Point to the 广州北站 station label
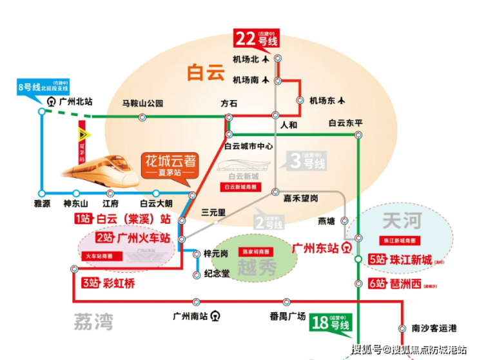pyautogui.click(x=75, y=101)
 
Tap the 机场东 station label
pyautogui.click(x=323, y=100)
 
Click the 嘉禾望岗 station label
pyautogui.click(x=300, y=198)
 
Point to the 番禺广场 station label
pyautogui.click(x=287, y=316)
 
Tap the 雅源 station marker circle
pyautogui.click(x=42, y=192)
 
